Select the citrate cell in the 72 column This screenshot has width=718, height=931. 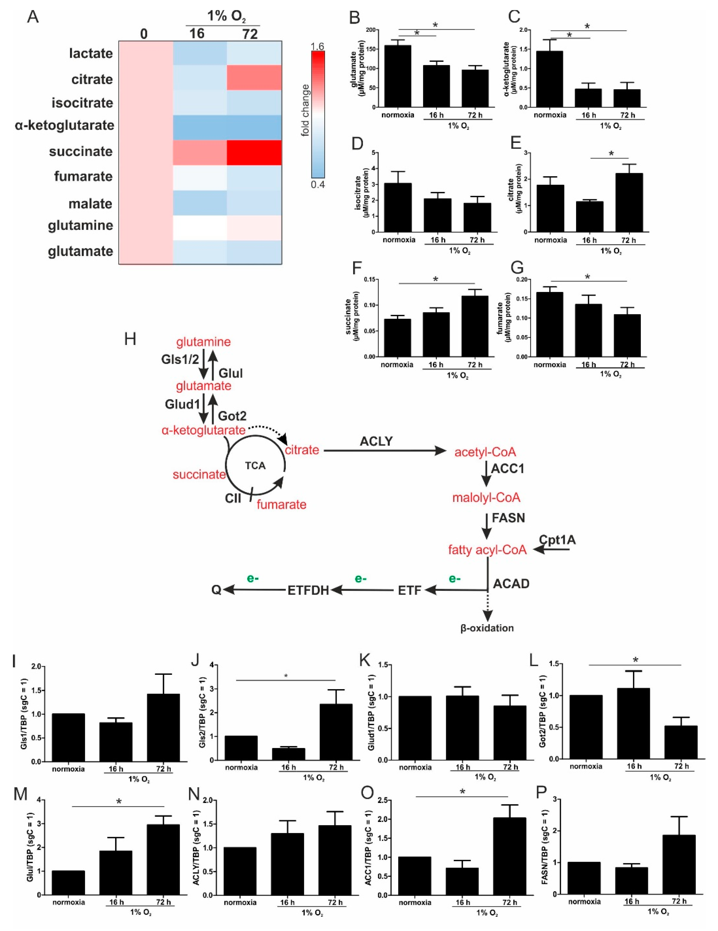(254, 78)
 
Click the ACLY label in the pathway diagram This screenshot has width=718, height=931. (376, 441)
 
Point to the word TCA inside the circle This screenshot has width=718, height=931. (255, 465)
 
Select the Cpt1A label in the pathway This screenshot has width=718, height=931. (557, 540)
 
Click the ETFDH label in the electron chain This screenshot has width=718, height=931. (308, 590)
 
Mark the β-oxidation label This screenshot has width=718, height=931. (487, 628)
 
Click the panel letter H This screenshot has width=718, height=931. (130, 339)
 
